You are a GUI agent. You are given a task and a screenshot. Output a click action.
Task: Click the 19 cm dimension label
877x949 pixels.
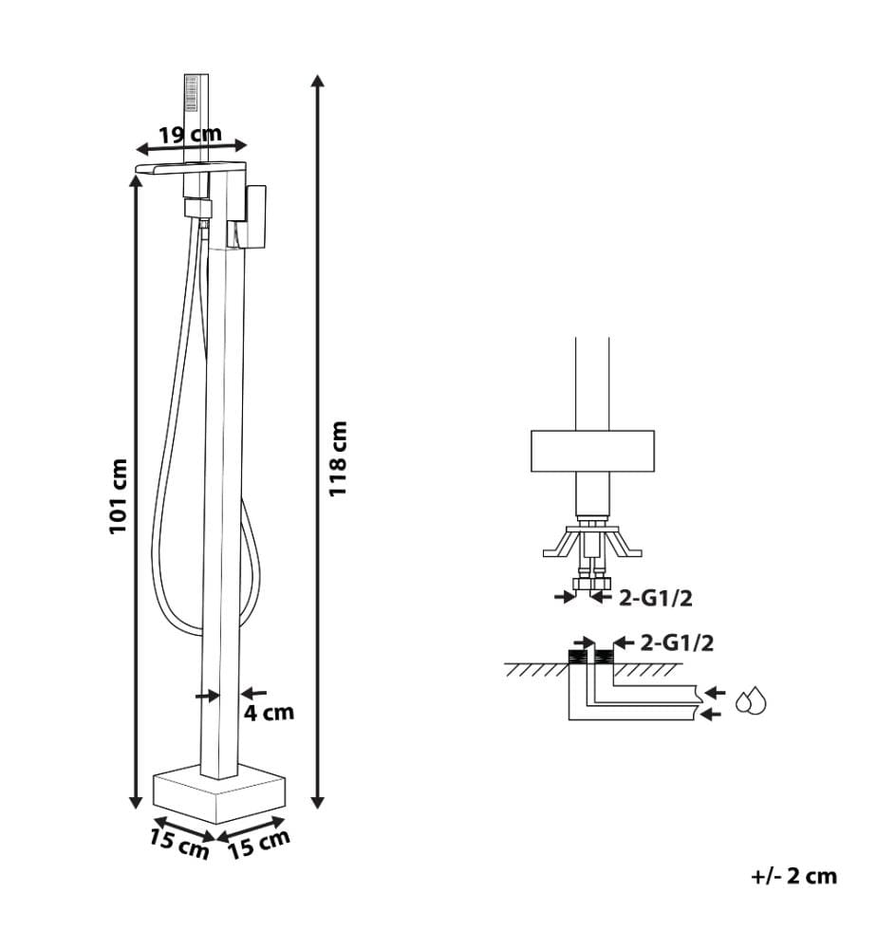point(190,135)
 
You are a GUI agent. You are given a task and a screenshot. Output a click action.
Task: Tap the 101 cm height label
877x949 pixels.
point(119,496)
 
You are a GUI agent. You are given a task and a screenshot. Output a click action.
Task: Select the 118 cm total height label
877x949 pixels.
point(338,458)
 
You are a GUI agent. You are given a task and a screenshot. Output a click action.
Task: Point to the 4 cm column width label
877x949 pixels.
point(269,713)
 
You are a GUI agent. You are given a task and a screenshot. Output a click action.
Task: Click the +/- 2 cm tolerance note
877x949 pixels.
point(794,876)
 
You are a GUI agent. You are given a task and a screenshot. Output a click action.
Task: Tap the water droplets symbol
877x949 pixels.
point(751,701)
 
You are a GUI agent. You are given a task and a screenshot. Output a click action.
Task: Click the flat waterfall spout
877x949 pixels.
point(191,168)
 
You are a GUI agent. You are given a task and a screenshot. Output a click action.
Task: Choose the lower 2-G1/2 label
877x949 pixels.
point(678,642)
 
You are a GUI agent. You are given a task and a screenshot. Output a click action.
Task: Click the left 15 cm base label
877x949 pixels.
point(179,845)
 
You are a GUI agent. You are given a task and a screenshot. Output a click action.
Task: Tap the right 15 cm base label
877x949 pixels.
point(259,845)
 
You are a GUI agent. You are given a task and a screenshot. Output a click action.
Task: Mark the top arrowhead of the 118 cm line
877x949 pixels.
point(317,80)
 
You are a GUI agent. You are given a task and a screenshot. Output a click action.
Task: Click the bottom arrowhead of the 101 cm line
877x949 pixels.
point(136,803)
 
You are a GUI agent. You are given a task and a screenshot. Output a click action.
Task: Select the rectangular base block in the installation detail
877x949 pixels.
point(592,451)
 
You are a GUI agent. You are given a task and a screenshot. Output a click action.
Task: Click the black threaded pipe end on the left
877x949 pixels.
point(577,656)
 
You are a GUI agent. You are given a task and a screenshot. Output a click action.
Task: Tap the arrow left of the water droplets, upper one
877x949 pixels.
point(716,693)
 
